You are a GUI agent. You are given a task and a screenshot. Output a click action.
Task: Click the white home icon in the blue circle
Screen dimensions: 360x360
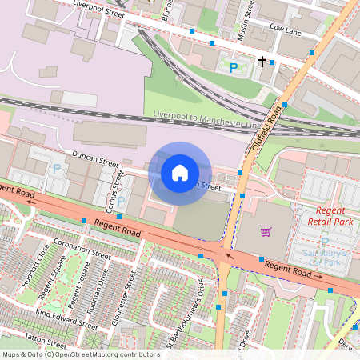tap(180, 172)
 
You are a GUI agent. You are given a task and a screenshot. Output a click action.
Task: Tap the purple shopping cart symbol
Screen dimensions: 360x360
tap(266, 232)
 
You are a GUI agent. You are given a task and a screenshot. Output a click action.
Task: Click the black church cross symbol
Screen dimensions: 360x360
tap(262, 61)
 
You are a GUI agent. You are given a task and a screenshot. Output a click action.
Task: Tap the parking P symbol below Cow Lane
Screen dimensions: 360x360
tap(234, 68)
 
